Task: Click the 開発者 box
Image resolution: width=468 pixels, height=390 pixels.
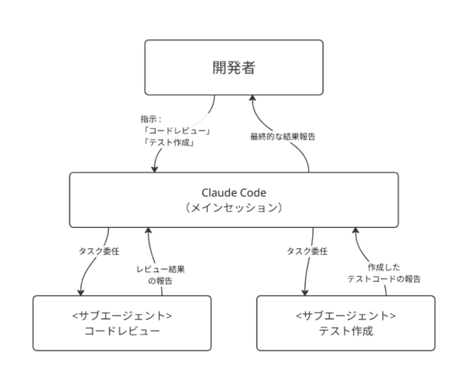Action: click(x=234, y=67)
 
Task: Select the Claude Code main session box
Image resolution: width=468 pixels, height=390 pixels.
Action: click(x=234, y=200)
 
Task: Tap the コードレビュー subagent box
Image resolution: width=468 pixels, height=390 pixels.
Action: click(x=122, y=323)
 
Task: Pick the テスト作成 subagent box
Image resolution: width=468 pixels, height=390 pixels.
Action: click(x=345, y=323)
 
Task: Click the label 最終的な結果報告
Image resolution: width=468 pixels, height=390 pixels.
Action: click(x=283, y=137)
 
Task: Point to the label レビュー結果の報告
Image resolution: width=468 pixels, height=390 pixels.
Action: click(x=160, y=275)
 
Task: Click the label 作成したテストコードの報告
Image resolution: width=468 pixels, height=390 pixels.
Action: click(x=384, y=273)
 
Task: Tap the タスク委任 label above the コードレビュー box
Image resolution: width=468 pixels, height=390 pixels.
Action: click(x=99, y=251)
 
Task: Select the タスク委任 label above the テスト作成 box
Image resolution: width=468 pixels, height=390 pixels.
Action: click(x=307, y=251)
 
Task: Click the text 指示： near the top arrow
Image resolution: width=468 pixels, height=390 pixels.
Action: click(x=151, y=119)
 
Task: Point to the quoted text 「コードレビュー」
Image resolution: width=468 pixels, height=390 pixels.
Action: click(x=177, y=131)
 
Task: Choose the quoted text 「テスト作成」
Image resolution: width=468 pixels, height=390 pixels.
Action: click(x=168, y=142)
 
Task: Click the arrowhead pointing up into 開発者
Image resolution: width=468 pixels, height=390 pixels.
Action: click(x=252, y=98)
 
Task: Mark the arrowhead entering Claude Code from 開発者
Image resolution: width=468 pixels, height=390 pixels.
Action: click(x=154, y=169)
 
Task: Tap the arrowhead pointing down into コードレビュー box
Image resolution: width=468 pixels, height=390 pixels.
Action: click(x=81, y=293)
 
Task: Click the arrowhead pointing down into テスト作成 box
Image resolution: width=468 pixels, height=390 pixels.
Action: click(x=304, y=293)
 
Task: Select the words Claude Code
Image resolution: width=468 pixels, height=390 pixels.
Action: click(x=234, y=192)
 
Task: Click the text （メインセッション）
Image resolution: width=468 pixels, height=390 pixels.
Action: click(x=234, y=207)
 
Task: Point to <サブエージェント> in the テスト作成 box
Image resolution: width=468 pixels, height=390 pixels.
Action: click(x=345, y=316)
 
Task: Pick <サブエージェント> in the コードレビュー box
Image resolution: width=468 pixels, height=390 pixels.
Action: click(x=122, y=316)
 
